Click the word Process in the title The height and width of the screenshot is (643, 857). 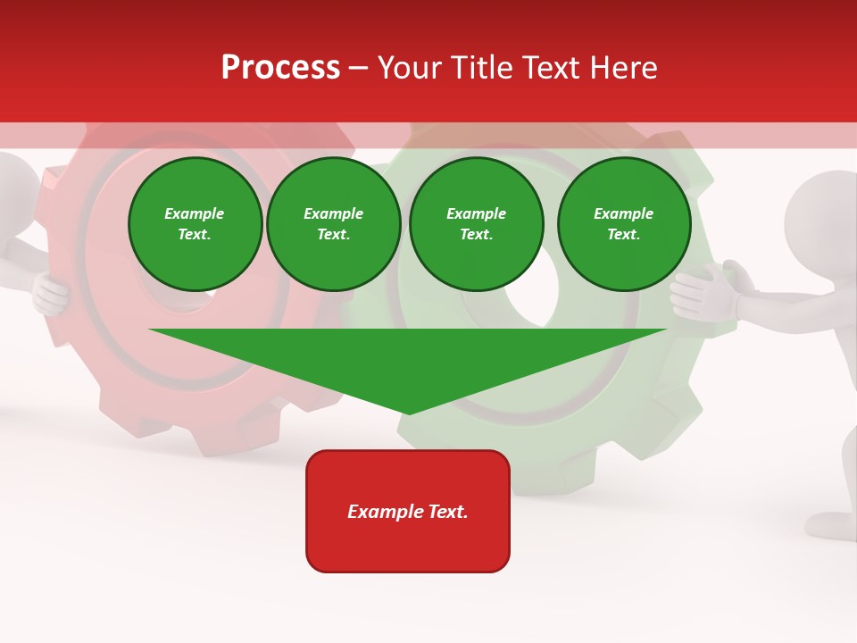pyautogui.click(x=280, y=68)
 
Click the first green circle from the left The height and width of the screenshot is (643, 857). pyautogui.click(x=195, y=224)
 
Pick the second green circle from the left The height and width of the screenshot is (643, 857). pyautogui.click(x=334, y=224)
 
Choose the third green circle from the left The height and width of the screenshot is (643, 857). pyautogui.click(x=477, y=224)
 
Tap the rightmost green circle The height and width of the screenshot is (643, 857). pyautogui.click(x=624, y=224)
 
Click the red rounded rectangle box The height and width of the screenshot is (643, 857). pyautogui.click(x=408, y=511)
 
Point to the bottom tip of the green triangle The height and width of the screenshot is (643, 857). pyautogui.click(x=409, y=413)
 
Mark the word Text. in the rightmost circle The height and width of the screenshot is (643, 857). pyautogui.click(x=624, y=235)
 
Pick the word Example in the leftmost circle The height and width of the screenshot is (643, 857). pyautogui.click(x=195, y=214)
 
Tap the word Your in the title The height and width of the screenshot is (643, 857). pyautogui.click(x=411, y=68)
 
